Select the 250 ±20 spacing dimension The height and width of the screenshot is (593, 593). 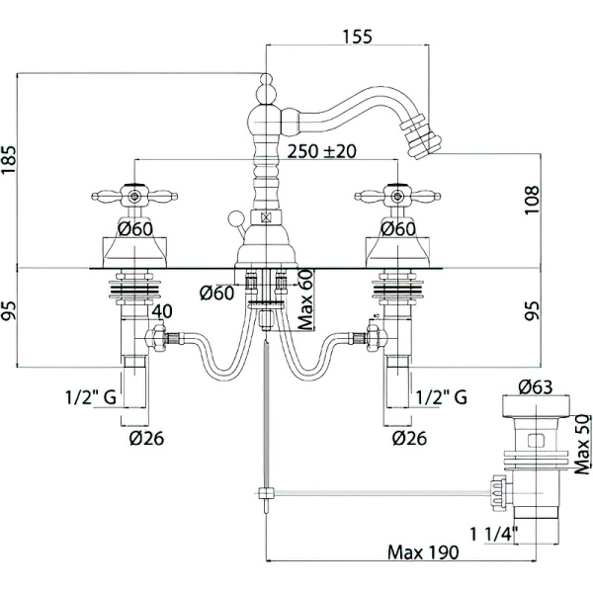coord(322,152)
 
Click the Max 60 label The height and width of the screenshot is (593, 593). coord(304,299)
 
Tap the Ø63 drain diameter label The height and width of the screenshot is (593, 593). coord(534,387)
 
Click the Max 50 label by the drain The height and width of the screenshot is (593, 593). coord(582,445)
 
